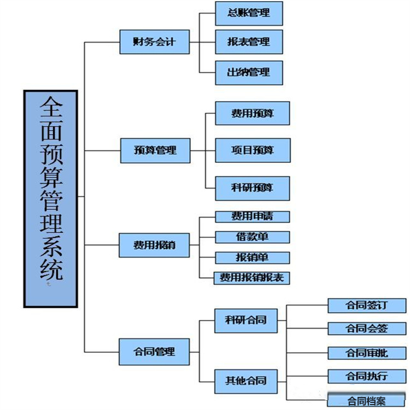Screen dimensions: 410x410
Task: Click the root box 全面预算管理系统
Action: tap(51, 198)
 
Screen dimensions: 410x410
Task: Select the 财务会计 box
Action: tap(155, 41)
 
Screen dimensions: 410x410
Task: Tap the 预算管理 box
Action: tap(155, 149)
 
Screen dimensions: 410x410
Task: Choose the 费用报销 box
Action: tap(155, 244)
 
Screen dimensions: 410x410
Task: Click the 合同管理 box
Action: tap(155, 351)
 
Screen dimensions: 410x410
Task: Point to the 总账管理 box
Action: tap(249, 13)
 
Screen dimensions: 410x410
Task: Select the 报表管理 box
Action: tap(249, 42)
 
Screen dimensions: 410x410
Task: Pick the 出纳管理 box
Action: tap(249, 72)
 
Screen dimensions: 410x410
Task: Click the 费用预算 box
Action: tap(252, 113)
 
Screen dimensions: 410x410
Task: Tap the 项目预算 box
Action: tap(252, 150)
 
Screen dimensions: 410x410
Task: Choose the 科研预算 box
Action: tap(252, 188)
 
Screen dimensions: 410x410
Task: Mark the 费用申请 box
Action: tap(252, 216)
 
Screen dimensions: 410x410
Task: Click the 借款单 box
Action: tap(252, 237)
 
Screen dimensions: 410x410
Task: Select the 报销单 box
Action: tap(252, 257)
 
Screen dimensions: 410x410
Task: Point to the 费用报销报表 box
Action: tap(252, 278)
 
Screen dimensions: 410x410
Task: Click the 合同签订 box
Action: tap(367, 305)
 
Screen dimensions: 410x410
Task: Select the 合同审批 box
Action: tap(367, 353)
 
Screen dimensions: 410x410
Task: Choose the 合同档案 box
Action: tap(367, 401)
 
